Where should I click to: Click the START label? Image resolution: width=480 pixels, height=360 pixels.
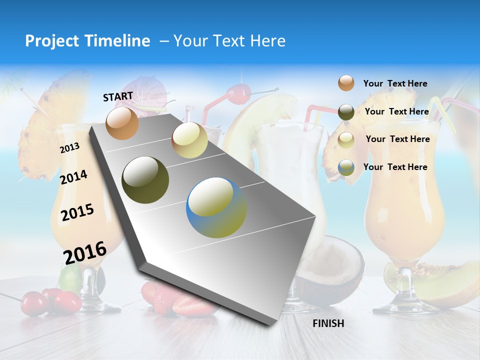click(x=118, y=96)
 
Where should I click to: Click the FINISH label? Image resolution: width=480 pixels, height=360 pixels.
click(x=328, y=323)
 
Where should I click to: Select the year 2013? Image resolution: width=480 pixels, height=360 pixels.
click(x=69, y=148)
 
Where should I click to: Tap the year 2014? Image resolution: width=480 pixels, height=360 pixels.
click(x=73, y=177)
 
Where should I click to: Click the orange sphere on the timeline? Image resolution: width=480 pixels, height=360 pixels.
click(x=122, y=123)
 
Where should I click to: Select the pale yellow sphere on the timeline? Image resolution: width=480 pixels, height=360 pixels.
click(x=189, y=140)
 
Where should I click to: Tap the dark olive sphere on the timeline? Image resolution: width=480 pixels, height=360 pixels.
click(x=145, y=180)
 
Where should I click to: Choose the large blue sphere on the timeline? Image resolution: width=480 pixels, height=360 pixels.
click(x=216, y=208)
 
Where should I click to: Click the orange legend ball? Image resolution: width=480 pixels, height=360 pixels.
click(x=346, y=83)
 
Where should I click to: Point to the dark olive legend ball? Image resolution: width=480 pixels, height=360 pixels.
click(x=346, y=112)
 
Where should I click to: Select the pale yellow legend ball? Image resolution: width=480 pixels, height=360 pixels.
click(x=346, y=139)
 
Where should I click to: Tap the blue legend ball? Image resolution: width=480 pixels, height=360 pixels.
click(x=346, y=167)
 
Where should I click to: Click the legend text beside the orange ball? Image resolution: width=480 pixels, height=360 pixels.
click(x=395, y=84)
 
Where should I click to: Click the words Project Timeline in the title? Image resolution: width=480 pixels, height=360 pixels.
click(x=87, y=41)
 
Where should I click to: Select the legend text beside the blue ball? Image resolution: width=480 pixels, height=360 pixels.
click(x=395, y=167)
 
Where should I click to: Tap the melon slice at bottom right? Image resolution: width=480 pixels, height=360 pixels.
click(x=445, y=285)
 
